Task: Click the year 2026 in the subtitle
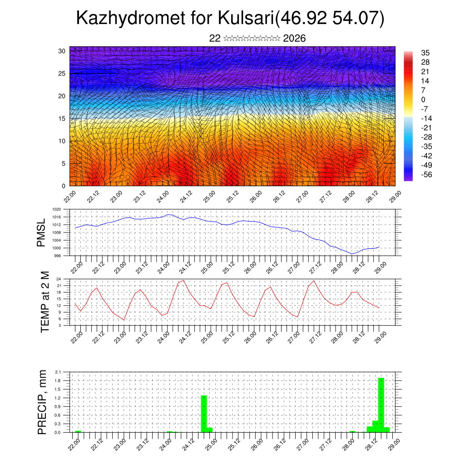(x=294, y=39)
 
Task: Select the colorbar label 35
(x=425, y=53)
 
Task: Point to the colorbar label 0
(x=423, y=99)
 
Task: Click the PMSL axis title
(x=41, y=232)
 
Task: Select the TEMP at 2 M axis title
(x=45, y=302)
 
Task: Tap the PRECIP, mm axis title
(x=42, y=402)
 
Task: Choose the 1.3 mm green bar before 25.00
(x=204, y=413)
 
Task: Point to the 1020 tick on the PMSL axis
(x=56, y=210)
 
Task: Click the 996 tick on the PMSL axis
(x=57, y=256)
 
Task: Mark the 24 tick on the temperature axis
(x=59, y=279)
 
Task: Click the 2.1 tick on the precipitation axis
(x=58, y=372)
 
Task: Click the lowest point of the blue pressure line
(x=352, y=254)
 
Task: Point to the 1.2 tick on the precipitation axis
(x=58, y=398)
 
